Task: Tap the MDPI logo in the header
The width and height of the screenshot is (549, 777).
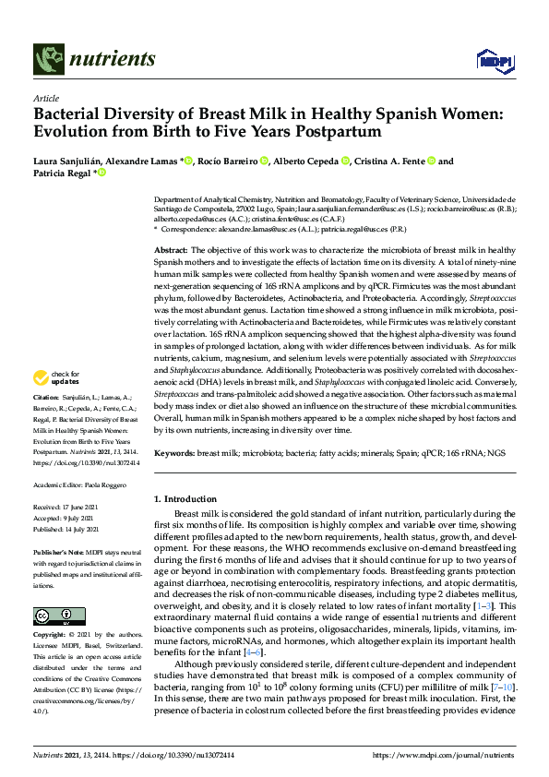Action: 490,61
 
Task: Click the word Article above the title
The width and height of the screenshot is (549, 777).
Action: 45,98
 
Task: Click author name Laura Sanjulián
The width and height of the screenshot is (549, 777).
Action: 74,161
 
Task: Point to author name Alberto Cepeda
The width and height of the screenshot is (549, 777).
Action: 306,161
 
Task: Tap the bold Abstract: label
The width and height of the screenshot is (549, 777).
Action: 171,251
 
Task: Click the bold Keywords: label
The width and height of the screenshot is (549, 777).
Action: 175,454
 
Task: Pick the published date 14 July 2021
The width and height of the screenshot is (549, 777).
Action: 91,531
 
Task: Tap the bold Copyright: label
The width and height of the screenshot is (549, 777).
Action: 51,636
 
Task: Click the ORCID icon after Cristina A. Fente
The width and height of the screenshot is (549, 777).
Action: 431,161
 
